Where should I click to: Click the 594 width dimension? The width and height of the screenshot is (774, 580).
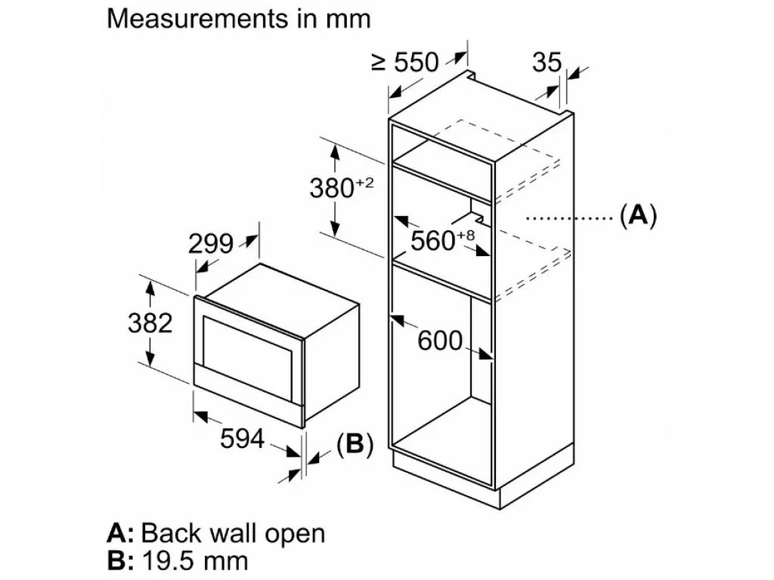point(242,439)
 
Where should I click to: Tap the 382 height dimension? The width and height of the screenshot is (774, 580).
point(150,323)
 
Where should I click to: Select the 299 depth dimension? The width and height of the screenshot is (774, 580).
point(211,244)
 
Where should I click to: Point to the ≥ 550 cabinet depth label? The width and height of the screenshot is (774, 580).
point(405,63)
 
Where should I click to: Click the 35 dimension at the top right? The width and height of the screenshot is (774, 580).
point(547,63)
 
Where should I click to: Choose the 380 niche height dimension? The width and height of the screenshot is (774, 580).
point(332,188)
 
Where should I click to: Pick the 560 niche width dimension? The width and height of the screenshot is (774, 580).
point(433,241)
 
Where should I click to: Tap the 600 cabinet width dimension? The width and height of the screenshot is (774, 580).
point(440,341)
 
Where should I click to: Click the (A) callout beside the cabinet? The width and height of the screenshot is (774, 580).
point(638,215)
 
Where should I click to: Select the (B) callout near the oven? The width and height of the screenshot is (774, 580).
point(354,444)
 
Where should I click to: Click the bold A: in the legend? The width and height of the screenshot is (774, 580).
point(120,533)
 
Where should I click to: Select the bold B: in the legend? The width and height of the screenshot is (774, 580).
point(120,561)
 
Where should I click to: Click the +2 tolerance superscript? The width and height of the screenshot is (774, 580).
point(365,183)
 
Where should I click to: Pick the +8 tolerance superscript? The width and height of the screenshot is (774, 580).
point(466,236)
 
